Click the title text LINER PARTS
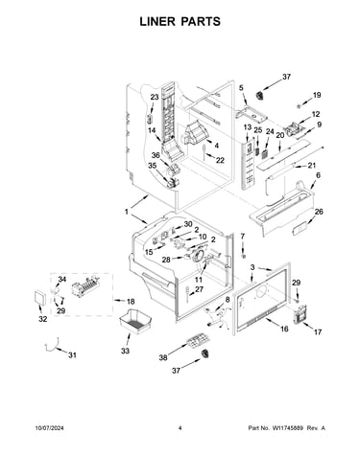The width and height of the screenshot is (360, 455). tap(180, 21)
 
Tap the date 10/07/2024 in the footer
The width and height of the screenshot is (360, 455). tap(49, 428)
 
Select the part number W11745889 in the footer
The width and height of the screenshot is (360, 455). tap(287, 428)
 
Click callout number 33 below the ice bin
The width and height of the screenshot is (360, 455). tap(125, 351)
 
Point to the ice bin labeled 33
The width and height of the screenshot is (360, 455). tap(134, 321)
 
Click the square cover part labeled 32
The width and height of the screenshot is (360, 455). tap(40, 298)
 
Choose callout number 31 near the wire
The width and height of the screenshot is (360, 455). tap(72, 354)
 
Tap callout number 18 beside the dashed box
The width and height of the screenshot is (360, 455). tap(131, 302)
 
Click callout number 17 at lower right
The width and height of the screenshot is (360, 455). tap(318, 332)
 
